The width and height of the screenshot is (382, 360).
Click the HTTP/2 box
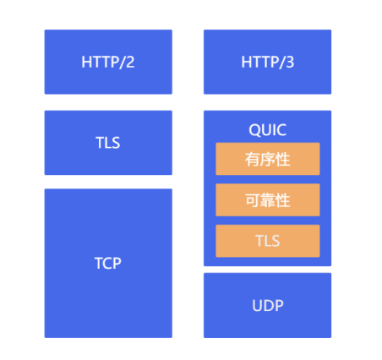(108, 62)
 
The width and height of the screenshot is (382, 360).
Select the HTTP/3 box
(267, 62)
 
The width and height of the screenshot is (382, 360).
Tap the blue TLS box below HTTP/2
(108, 143)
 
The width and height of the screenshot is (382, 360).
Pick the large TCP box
(108, 263)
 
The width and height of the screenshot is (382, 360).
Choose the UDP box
(267, 305)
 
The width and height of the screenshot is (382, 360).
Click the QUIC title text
(267, 130)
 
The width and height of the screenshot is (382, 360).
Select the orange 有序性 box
(268, 159)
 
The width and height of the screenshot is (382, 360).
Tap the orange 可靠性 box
(268, 200)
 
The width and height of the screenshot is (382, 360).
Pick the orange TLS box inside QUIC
(268, 241)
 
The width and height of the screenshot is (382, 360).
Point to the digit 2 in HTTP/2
(130, 62)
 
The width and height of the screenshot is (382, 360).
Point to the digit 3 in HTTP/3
(290, 62)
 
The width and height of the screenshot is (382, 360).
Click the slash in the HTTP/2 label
(122, 63)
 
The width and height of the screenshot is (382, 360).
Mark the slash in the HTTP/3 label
(281, 63)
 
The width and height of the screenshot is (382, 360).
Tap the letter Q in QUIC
(254, 130)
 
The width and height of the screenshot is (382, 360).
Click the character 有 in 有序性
(252, 159)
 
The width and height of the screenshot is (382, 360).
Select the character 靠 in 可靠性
(268, 200)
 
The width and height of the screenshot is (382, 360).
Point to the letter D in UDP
(268, 306)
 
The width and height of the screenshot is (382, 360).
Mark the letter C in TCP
(107, 264)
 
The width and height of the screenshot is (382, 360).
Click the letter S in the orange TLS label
(276, 241)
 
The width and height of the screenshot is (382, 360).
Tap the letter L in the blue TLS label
(108, 143)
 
